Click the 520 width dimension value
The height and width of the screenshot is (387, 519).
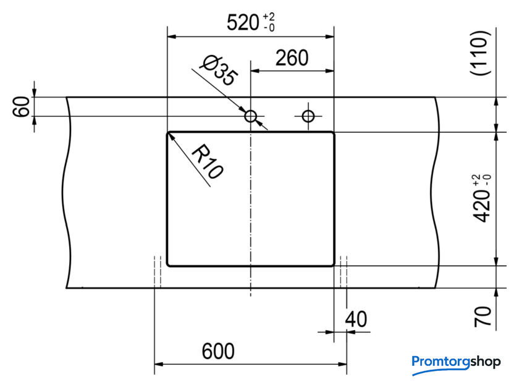(x=243, y=22)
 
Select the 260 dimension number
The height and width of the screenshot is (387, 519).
(x=292, y=58)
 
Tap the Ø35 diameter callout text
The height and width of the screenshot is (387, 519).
(x=219, y=70)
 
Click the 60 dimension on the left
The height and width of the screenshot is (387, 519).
(x=20, y=106)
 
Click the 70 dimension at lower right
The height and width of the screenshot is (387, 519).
(x=483, y=317)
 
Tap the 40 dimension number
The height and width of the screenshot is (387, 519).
(x=356, y=319)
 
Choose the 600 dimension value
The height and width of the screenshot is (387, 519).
(x=218, y=351)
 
